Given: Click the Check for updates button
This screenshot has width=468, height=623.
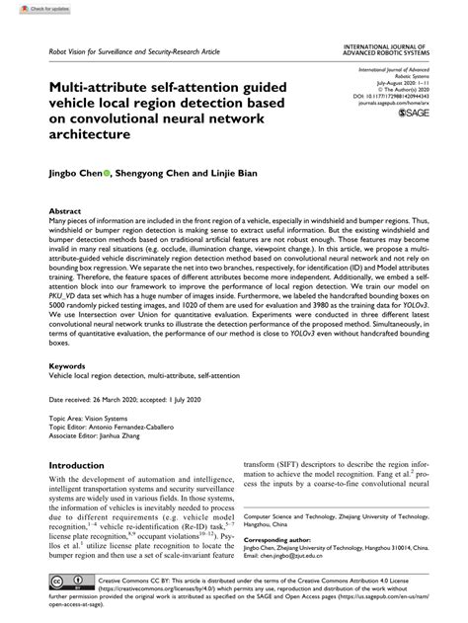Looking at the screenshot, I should [x=27, y=8].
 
